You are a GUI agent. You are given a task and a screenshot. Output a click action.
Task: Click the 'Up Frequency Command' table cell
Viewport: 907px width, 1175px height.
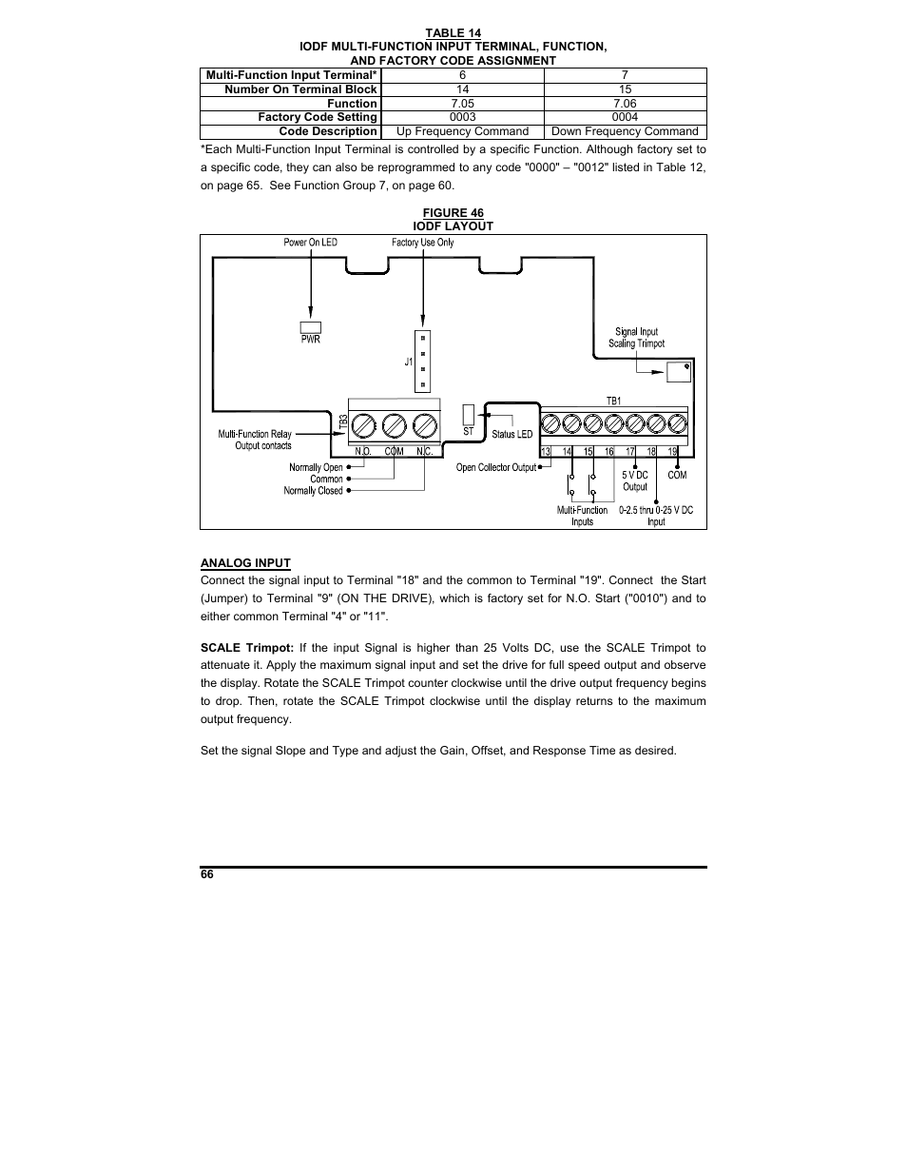(x=462, y=131)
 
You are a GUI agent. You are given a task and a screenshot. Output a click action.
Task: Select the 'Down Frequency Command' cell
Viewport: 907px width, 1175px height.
(x=625, y=131)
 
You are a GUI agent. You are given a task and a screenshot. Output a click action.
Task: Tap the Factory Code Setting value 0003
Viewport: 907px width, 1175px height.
(x=462, y=117)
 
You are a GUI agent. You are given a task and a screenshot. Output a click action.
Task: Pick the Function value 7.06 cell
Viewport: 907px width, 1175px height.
(x=625, y=104)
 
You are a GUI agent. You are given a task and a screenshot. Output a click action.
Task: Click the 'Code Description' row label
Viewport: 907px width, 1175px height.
(x=328, y=131)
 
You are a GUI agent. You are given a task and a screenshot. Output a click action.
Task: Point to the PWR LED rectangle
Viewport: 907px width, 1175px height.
(x=310, y=326)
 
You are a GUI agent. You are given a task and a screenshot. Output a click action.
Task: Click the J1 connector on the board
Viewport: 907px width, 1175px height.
(x=422, y=362)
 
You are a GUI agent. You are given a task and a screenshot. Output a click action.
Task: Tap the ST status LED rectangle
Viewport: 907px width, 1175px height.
(x=468, y=415)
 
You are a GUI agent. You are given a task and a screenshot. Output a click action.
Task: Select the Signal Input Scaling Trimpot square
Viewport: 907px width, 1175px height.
(x=679, y=370)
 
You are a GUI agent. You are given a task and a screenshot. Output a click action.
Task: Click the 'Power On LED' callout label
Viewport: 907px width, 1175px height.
(x=310, y=243)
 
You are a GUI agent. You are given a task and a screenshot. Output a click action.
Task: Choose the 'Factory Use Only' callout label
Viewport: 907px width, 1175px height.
(x=422, y=243)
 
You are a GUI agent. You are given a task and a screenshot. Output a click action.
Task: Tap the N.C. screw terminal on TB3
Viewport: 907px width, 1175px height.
(x=425, y=423)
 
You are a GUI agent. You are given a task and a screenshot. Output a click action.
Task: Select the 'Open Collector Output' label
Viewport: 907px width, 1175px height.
(x=496, y=467)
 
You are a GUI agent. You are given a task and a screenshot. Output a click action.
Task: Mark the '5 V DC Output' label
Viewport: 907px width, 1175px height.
(x=635, y=480)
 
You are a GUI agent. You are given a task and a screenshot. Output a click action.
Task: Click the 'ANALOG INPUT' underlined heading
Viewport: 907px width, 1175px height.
(x=245, y=562)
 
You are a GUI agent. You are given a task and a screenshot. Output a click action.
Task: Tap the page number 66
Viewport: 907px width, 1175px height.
(x=207, y=875)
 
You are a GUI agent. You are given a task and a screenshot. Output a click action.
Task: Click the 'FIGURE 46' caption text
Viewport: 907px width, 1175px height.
(x=453, y=213)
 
